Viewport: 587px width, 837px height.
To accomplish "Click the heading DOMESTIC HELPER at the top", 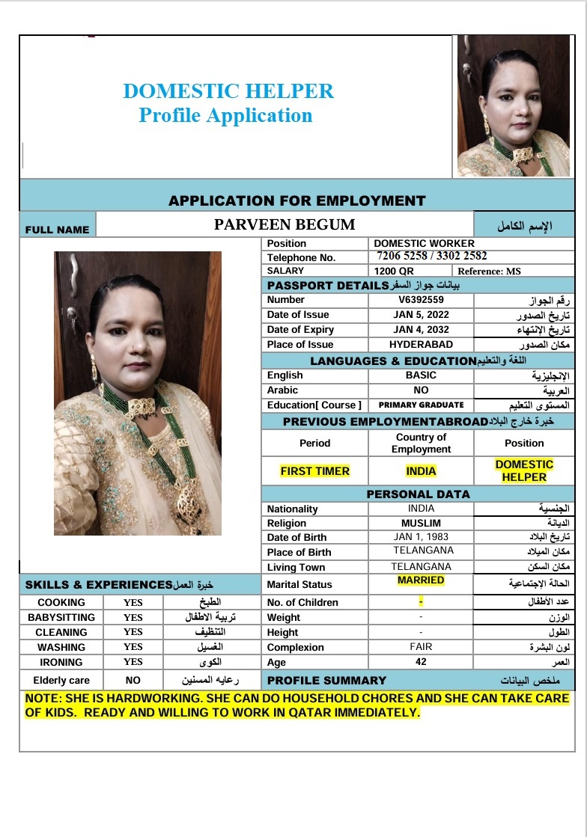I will coord(228,91).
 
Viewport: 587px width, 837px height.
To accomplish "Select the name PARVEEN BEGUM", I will coord(285,224).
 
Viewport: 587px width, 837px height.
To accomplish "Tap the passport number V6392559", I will coord(421,300).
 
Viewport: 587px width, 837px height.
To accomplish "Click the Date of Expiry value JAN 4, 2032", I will coord(421,330).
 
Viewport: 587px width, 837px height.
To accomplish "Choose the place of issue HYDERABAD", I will coord(421,345).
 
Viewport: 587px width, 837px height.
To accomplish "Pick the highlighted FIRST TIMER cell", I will coord(314,471).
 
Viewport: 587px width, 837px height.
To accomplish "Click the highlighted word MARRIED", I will coord(421,580).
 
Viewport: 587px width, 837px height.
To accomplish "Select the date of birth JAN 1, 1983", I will coord(421,537).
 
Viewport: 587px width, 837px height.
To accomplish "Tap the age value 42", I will coord(421,662).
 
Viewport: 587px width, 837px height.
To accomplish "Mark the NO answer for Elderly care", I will coord(133,681).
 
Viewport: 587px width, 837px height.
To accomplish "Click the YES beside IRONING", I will coord(133,662).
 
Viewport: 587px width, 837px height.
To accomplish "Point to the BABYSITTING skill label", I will coord(61,618).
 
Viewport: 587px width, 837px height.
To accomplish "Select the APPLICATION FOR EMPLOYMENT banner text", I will coord(296,200).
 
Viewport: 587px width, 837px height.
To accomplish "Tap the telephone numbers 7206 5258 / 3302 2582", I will coord(432,256).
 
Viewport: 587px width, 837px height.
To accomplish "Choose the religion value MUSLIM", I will coord(421,523).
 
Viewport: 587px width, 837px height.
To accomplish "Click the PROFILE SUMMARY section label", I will coord(326,681).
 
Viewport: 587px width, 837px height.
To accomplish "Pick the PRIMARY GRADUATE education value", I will coord(421,405).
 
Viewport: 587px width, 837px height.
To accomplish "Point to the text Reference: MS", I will coord(489,271).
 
